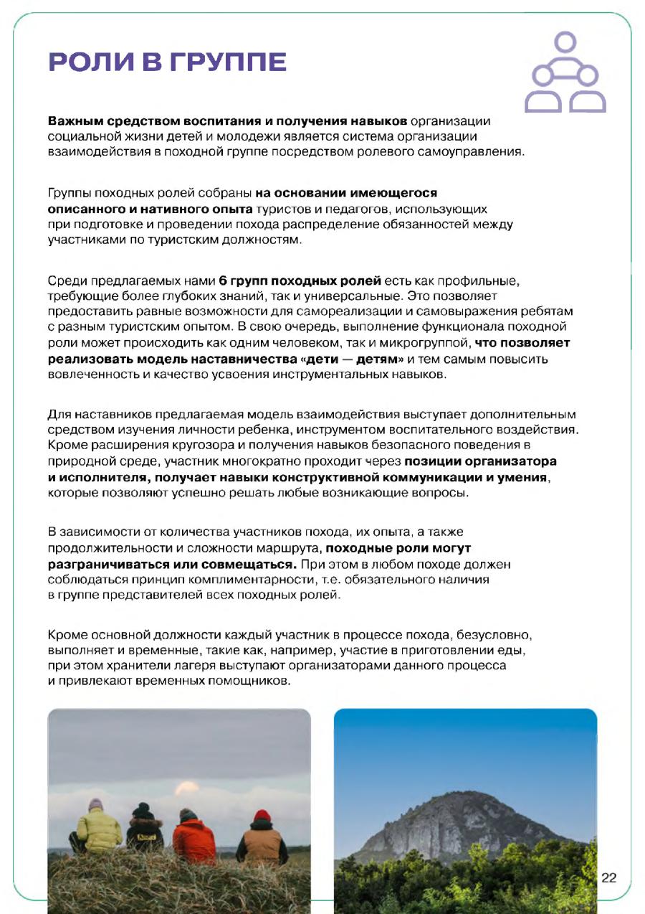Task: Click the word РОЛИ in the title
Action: pos(89,62)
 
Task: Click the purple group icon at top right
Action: pos(565,73)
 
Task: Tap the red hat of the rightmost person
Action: pos(263,814)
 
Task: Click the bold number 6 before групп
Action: pos(223,280)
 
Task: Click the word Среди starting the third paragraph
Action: pos(62,280)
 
